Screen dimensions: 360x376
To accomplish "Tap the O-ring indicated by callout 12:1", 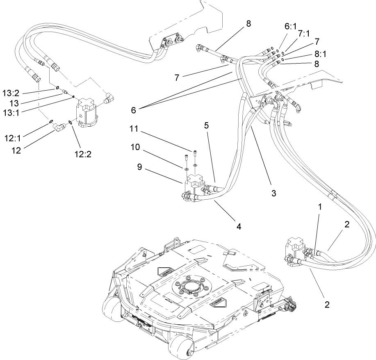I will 50,122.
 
